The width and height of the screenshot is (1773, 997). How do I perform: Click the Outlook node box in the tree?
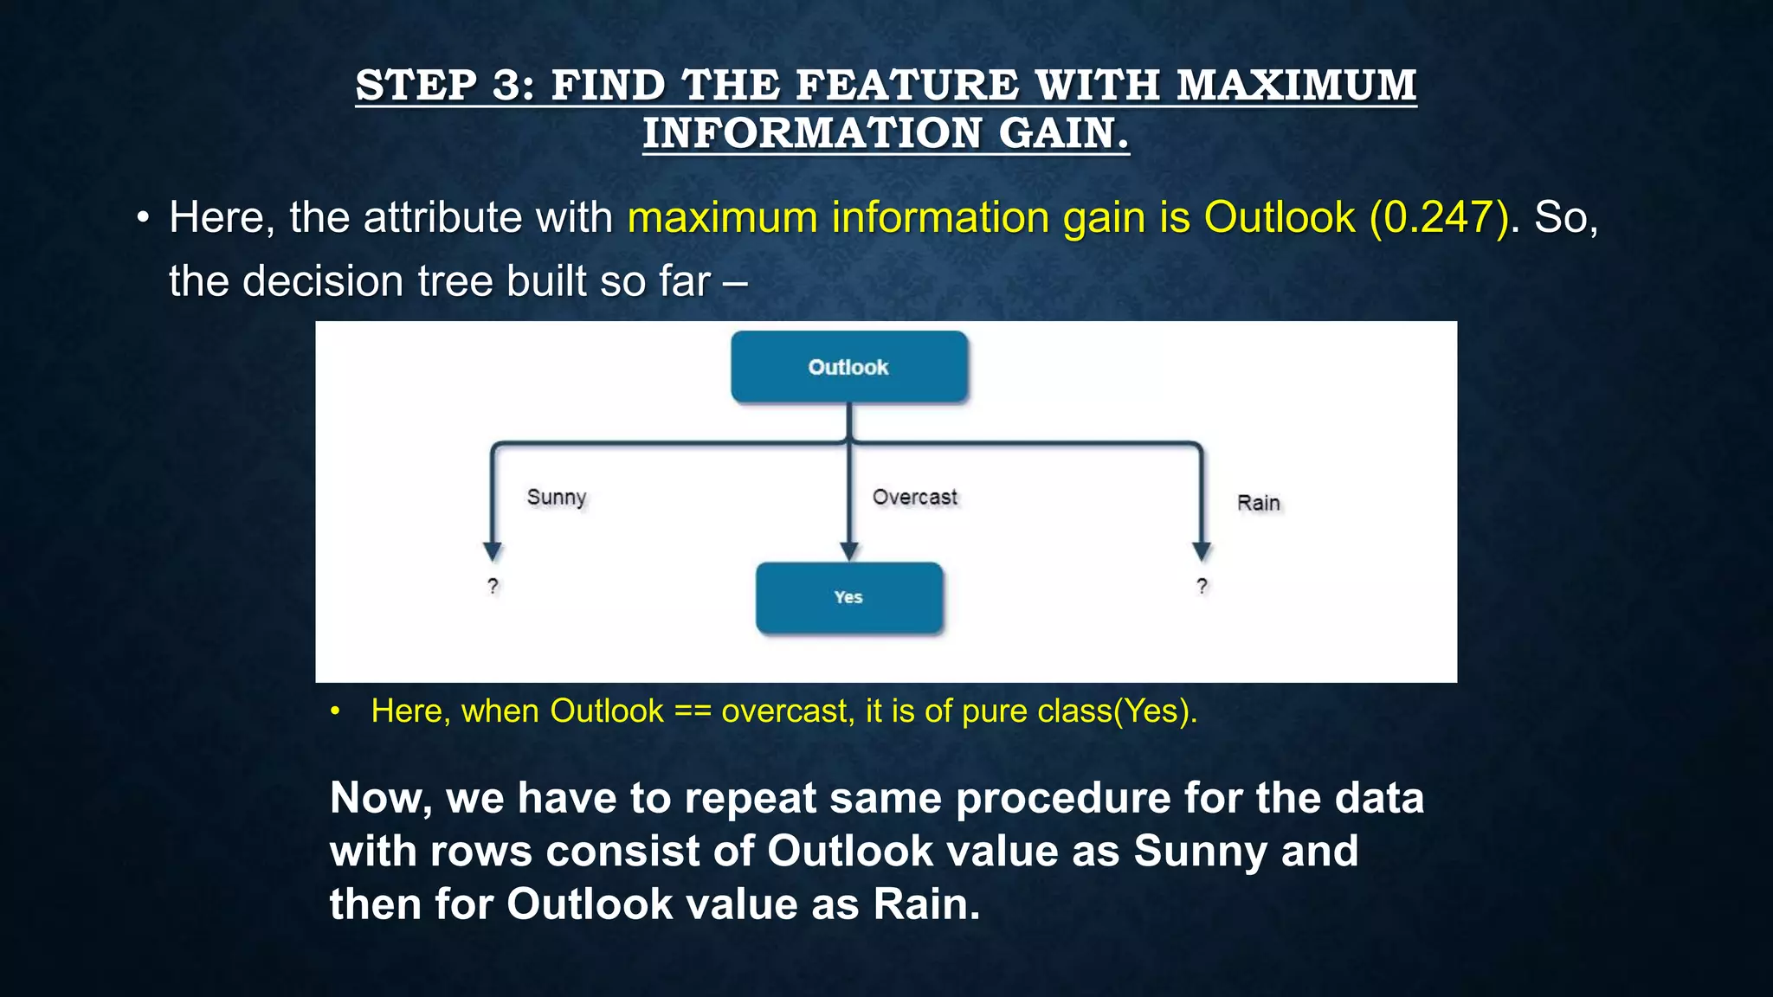pyautogui.click(x=848, y=367)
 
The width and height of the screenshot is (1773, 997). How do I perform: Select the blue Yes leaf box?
pyautogui.click(x=848, y=597)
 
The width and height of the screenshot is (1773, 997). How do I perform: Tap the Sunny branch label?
pyautogui.click(x=557, y=498)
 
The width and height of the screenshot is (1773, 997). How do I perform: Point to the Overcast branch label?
pyautogui.click(x=914, y=498)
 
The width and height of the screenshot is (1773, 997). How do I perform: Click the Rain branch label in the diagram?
pyautogui.click(x=1258, y=503)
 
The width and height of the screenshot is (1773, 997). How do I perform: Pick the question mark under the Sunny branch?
pyautogui.click(x=493, y=586)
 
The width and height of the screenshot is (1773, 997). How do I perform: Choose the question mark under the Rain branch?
pyautogui.click(x=1202, y=586)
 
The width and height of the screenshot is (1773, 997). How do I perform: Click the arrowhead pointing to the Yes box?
pyautogui.click(x=849, y=551)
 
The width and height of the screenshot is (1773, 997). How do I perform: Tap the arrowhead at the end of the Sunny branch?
pyautogui.click(x=493, y=551)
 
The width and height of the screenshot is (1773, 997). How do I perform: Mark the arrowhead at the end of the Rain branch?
pyautogui.click(x=1202, y=551)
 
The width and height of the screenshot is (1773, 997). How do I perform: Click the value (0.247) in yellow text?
pyautogui.click(x=1440, y=217)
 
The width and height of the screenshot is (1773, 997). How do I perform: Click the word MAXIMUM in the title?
pyautogui.click(x=1296, y=86)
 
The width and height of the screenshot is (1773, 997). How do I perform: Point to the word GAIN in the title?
pyautogui.click(x=1064, y=133)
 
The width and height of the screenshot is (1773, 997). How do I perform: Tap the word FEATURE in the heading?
pyautogui.click(x=908, y=86)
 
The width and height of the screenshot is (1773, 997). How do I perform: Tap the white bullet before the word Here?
pyautogui.click(x=144, y=218)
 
